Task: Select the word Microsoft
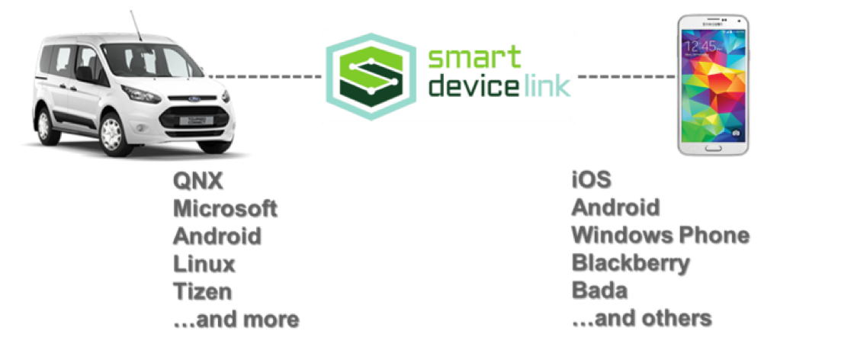click(224, 207)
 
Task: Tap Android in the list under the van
click(217, 235)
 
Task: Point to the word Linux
click(204, 263)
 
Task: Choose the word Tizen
click(201, 291)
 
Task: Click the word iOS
click(590, 180)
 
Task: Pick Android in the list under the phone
click(615, 207)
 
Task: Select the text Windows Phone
click(660, 235)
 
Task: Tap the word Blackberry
click(630, 263)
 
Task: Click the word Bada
click(599, 291)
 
